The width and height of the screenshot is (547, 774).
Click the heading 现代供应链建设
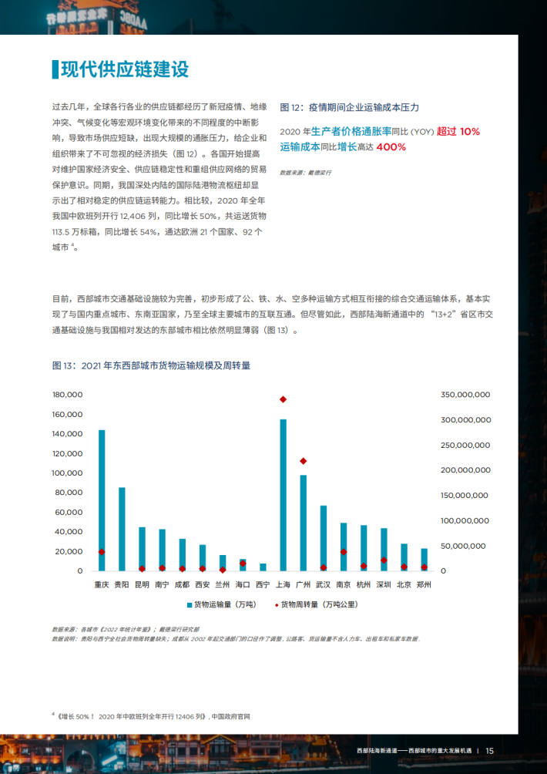[124, 69]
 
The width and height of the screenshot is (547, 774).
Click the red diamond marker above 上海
[283, 399]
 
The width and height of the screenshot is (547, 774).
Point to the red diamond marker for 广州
[304, 461]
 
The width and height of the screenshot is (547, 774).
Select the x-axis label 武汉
[324, 585]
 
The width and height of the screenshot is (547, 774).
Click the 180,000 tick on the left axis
[67, 395]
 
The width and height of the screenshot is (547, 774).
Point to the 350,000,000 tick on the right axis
[465, 395]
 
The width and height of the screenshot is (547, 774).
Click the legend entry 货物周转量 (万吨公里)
[316, 604]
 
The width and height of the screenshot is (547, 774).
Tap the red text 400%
[391, 147]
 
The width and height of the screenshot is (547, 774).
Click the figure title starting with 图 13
[151, 365]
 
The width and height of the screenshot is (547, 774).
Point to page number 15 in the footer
[489, 750]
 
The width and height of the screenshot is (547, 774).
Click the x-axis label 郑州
[424, 585]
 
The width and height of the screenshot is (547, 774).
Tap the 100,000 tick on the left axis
[67, 473]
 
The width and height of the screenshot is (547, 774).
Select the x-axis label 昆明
[142, 585]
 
